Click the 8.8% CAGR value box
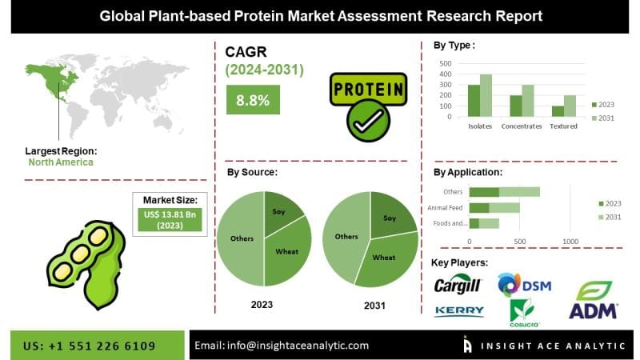click(253, 100)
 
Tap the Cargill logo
click(458, 286)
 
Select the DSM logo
click(524, 285)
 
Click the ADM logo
click(593, 300)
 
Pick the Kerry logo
click(458, 310)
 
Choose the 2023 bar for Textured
click(557, 111)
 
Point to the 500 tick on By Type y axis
click(446, 63)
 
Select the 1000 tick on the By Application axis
click(570, 241)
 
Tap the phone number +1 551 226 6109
click(90, 346)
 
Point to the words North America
click(61, 162)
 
